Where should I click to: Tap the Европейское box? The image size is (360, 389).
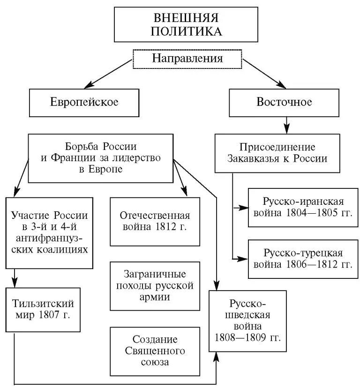(84, 102)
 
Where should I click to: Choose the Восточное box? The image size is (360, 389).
(284, 102)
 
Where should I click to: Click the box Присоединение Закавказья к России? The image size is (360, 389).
(277, 152)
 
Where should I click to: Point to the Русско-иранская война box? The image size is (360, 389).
(303, 207)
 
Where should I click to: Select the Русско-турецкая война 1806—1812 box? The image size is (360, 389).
(303, 259)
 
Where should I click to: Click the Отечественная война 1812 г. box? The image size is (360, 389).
(155, 221)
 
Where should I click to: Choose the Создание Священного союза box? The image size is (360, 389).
(155, 350)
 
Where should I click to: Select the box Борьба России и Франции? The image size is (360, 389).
(101, 158)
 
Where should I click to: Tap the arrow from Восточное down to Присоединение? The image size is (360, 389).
(286, 125)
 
